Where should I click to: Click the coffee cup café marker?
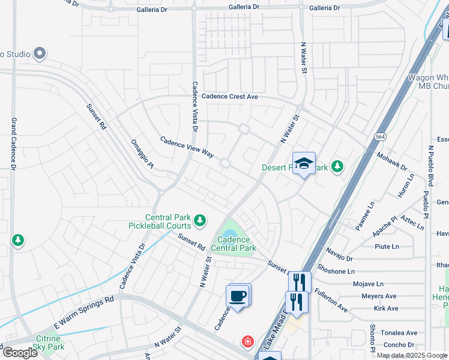(x=238, y=296)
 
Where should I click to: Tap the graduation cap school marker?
(x=304, y=164)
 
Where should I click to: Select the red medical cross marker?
(x=247, y=342)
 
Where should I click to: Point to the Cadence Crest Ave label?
(x=229, y=97)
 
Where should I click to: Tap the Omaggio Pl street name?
(x=142, y=155)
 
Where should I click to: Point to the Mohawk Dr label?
(x=391, y=161)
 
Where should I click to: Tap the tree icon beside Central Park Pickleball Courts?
(x=199, y=221)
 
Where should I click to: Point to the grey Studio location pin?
(x=40, y=54)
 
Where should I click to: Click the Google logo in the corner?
(x=19, y=352)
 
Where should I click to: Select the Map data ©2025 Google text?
(x=412, y=355)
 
